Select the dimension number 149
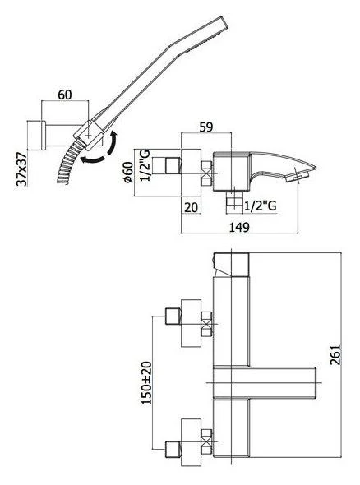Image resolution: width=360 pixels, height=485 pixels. click(238, 230)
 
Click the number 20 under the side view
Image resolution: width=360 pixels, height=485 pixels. click(192, 208)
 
